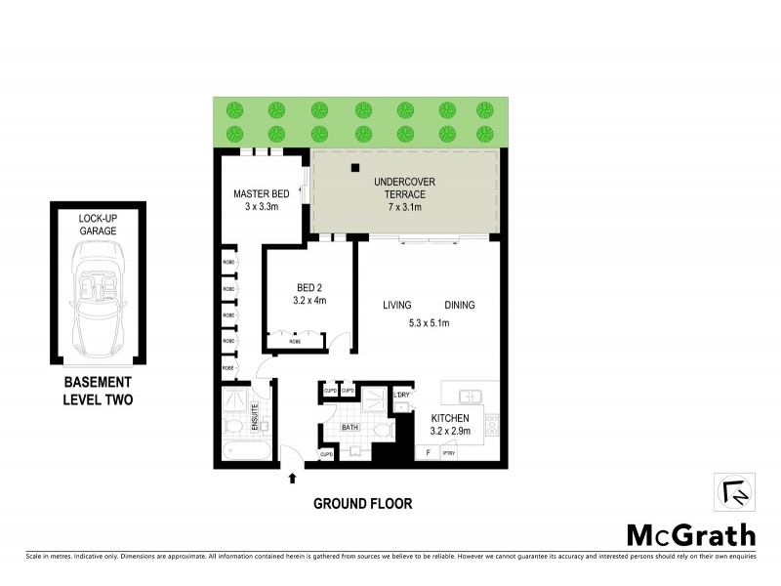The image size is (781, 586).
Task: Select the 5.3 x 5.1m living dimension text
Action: point(428,324)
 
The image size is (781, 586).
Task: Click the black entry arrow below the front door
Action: point(291,478)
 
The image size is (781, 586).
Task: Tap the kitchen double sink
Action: point(470,396)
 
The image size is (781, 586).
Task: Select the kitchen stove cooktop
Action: point(491,425)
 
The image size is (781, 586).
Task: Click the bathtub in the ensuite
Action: point(244,451)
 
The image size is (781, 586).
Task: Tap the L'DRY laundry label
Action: point(400,394)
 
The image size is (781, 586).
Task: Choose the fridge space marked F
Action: point(425,453)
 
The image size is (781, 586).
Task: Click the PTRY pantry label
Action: point(449,453)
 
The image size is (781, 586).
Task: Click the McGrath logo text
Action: point(690,534)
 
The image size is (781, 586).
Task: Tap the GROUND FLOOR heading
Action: point(362,504)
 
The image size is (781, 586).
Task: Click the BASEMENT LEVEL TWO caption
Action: point(98,392)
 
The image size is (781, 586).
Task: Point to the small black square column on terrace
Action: point(355,168)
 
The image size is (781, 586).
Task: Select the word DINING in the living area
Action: point(459,305)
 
